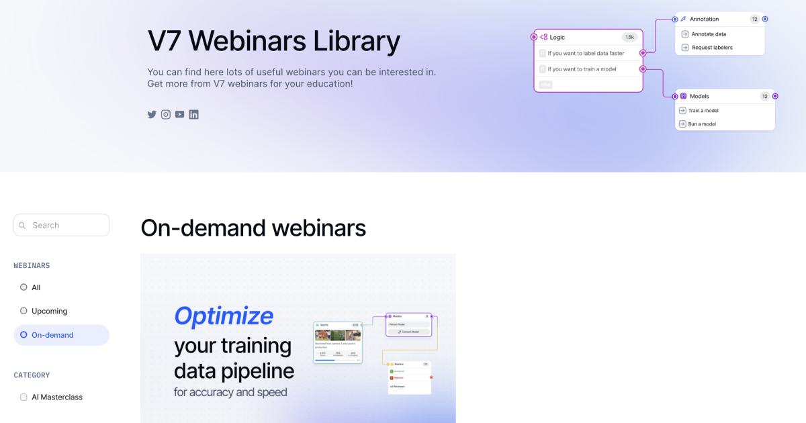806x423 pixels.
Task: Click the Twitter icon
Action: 152,114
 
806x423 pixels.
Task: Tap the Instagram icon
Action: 166,114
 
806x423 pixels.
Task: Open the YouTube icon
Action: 179,114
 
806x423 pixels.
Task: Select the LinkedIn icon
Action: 193,114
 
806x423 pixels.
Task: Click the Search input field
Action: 62,225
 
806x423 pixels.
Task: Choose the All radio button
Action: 24,287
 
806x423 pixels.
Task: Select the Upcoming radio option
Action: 24,311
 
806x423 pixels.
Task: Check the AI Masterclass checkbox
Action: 24,397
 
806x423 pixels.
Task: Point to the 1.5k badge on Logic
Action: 629,37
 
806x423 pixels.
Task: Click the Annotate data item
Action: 708,34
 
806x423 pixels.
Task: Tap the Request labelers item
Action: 711,48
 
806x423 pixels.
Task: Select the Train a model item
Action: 703,111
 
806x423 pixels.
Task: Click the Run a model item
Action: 702,124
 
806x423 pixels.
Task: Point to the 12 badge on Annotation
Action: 754,19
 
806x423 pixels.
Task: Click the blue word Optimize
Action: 224,316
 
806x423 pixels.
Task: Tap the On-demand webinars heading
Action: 253,228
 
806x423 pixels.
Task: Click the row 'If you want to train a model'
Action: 582,69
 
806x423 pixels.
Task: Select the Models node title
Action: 699,96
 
